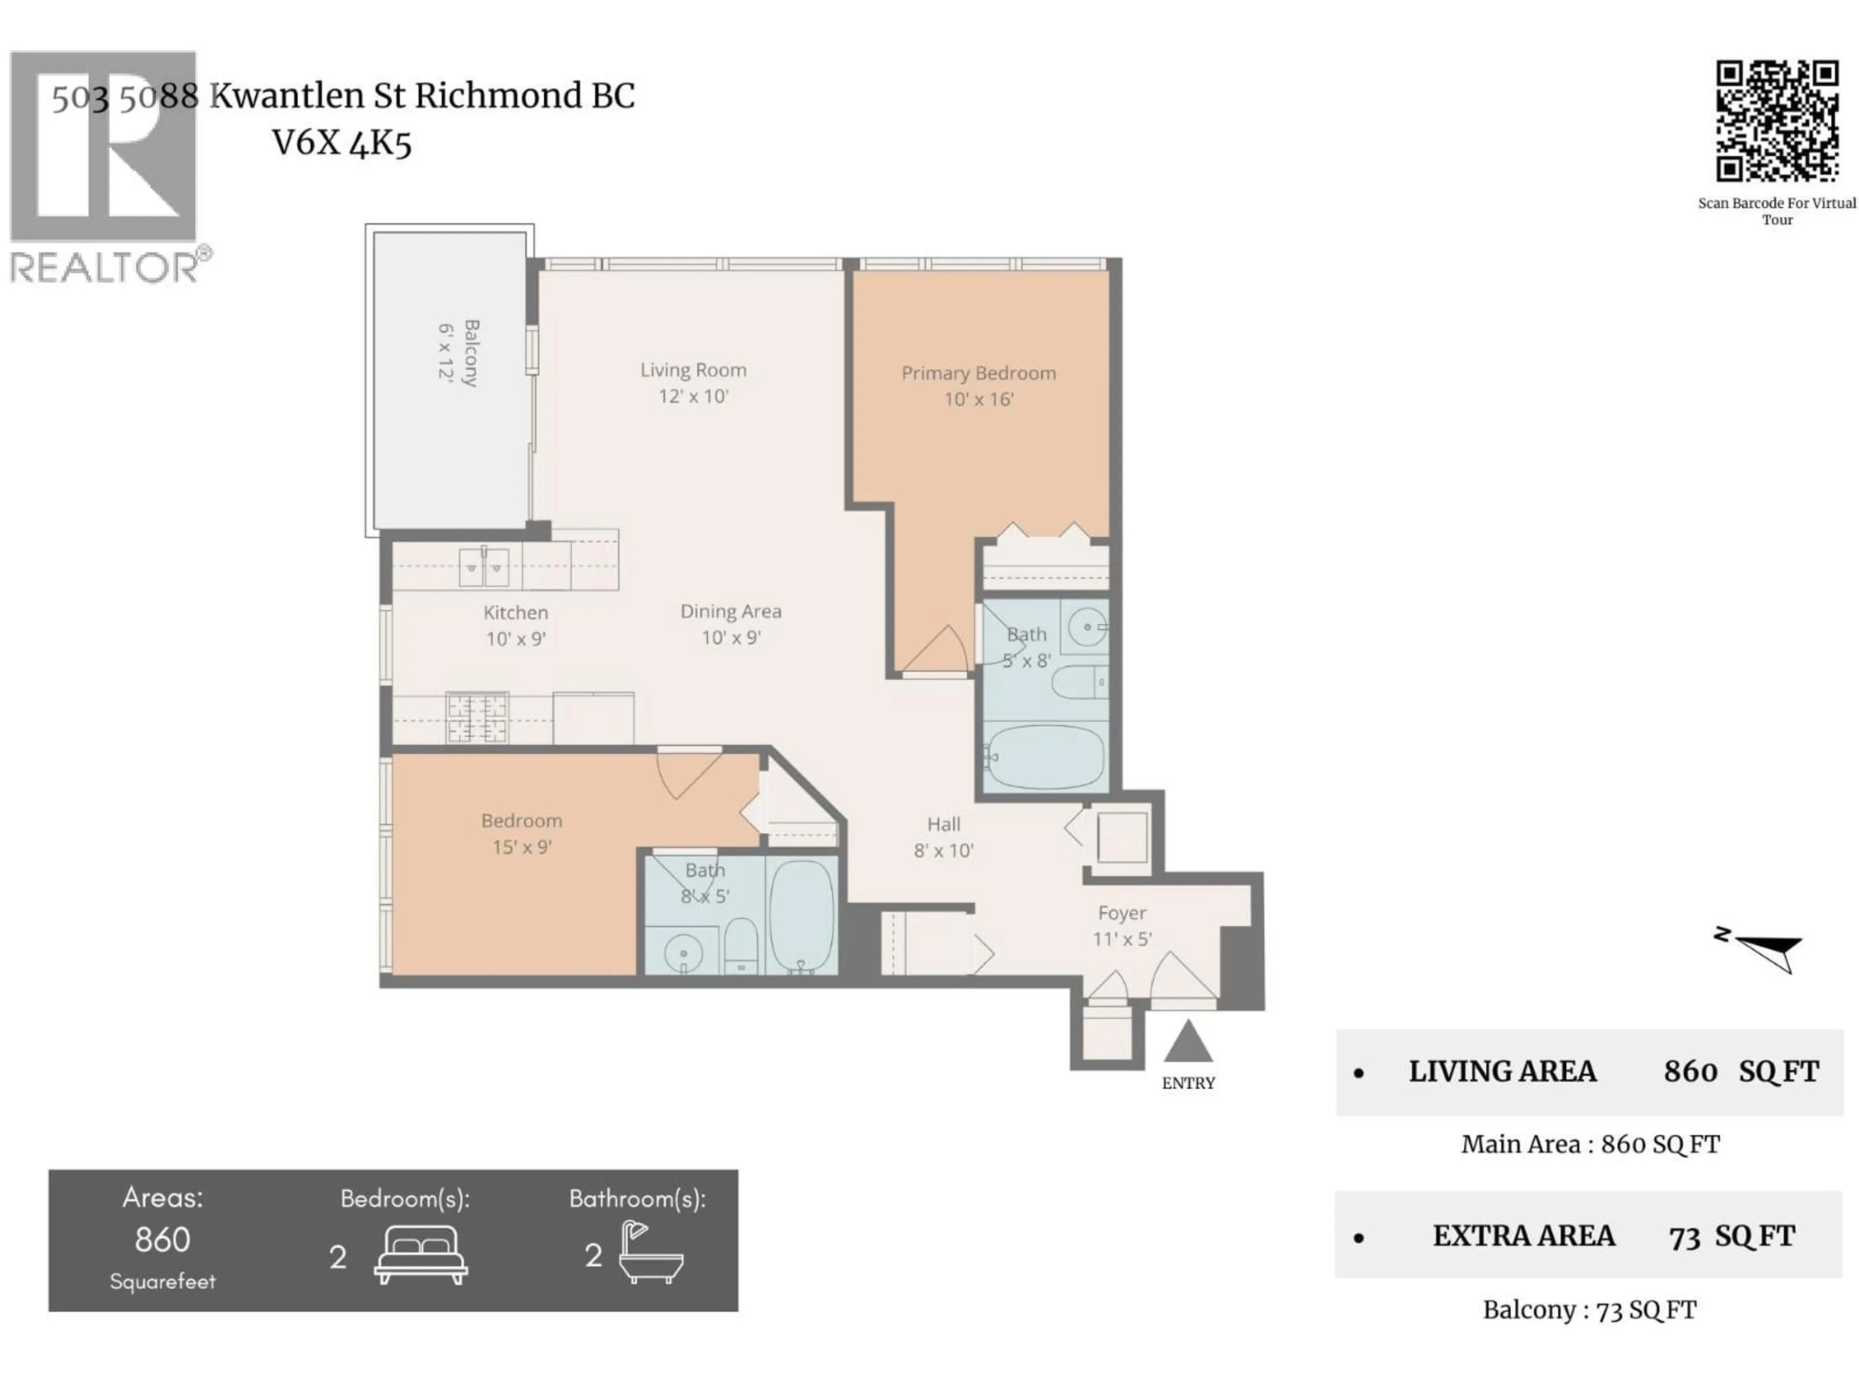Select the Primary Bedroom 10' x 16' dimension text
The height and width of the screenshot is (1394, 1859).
click(x=978, y=399)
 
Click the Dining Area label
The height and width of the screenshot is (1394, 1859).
click(x=731, y=612)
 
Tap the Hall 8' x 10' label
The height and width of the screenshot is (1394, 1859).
click(x=943, y=837)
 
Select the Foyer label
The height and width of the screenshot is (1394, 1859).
click(x=1121, y=912)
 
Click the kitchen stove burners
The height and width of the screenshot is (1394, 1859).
click(x=476, y=717)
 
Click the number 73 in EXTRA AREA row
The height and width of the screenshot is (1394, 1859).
click(x=1684, y=1237)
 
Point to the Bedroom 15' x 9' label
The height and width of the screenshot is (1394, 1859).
click(x=521, y=833)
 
